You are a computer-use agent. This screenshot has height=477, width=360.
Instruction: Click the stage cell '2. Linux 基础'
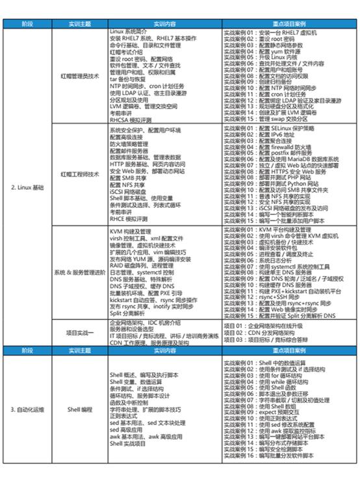pos(28,187)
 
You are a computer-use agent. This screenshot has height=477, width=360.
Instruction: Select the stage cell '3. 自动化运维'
pos(28,410)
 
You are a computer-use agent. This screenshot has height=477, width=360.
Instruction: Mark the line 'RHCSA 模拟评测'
pos(133,120)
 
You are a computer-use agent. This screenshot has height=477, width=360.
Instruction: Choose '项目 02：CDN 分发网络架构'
pos(261,332)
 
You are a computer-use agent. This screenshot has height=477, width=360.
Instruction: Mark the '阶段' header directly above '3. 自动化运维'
pos(28,350)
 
